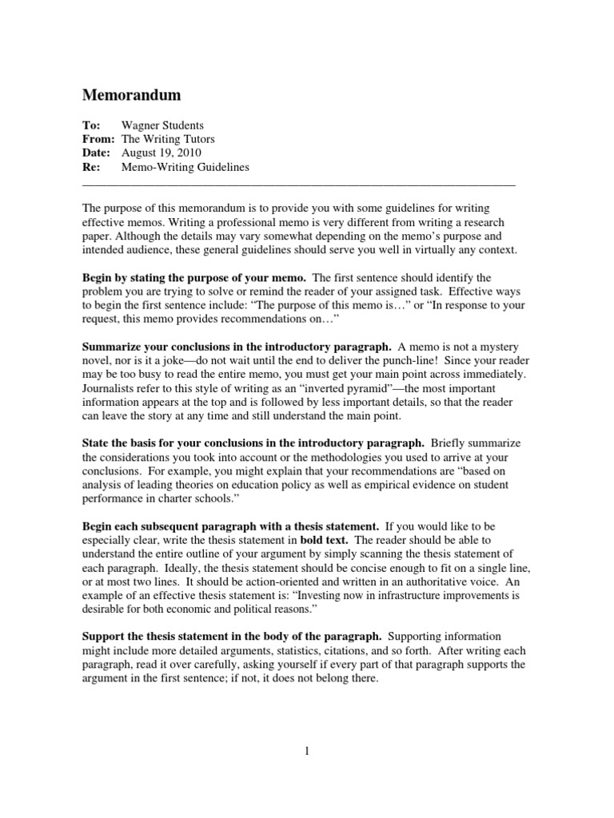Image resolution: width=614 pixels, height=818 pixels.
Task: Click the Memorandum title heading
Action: click(132, 96)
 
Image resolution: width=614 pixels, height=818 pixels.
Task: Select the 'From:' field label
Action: click(99, 139)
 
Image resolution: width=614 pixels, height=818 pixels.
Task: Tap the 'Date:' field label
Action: click(97, 153)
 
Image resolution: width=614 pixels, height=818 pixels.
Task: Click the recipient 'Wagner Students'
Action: click(162, 125)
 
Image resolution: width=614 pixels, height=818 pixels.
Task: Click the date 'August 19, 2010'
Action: click(161, 153)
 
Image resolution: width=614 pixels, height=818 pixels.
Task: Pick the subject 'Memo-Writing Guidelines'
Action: click(185, 167)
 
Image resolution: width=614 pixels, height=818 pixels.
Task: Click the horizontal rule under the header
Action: click(299, 184)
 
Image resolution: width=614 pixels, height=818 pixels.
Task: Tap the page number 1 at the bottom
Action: click(306, 752)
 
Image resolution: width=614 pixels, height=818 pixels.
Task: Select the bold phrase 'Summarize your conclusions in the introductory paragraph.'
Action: click(237, 347)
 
